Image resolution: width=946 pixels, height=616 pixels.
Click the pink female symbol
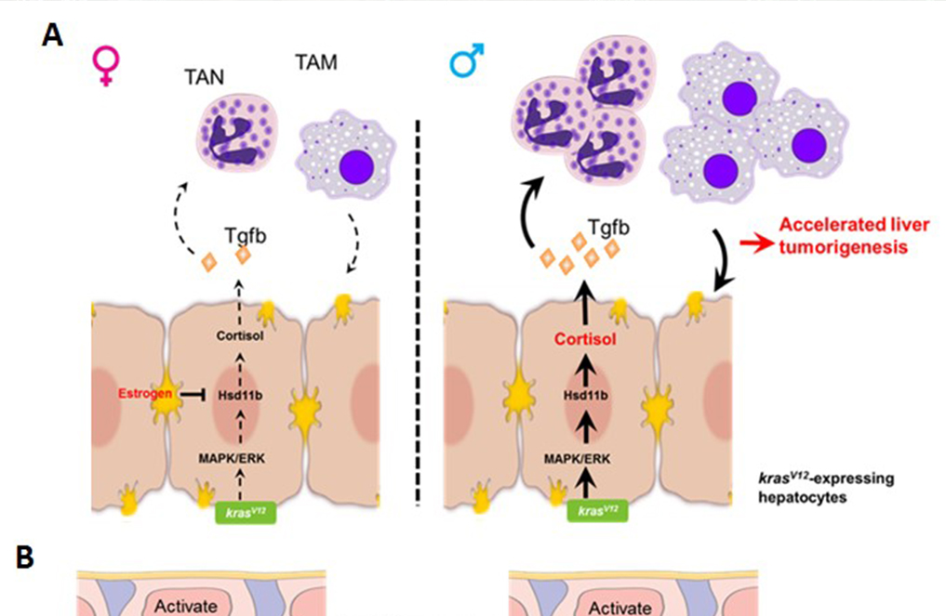[x=106, y=66]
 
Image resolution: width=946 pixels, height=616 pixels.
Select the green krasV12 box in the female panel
[x=241, y=511]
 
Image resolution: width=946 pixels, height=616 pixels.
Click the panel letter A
[x=53, y=35]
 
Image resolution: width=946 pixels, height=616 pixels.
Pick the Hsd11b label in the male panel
[x=586, y=394]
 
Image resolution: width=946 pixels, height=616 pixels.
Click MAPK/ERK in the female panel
[x=239, y=456]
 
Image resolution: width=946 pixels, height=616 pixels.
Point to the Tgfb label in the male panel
[x=604, y=226]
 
